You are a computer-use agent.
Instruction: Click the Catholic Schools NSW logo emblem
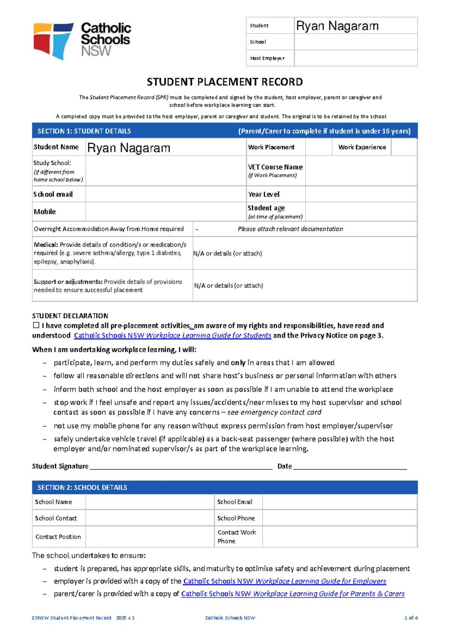(53, 41)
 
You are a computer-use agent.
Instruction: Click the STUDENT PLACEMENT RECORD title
(225, 82)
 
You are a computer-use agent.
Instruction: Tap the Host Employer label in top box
(267, 58)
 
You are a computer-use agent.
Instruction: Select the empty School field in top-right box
(355, 42)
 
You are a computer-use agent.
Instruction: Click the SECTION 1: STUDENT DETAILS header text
(84, 131)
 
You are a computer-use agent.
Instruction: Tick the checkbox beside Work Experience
(404, 147)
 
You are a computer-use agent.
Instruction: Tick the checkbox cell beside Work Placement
(318, 147)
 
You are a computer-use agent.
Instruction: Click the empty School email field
(165, 194)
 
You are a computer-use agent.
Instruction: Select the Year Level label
(264, 194)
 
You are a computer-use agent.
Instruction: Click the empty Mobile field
(165, 211)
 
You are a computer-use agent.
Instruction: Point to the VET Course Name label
(275, 167)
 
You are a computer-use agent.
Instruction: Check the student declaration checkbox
(36, 325)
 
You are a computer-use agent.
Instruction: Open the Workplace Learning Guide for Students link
(172, 335)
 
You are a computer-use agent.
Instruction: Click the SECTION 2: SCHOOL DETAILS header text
(82, 488)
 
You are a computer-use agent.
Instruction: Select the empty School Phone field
(339, 518)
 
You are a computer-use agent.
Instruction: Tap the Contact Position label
(58, 537)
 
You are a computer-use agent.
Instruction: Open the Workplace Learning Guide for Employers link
(284, 581)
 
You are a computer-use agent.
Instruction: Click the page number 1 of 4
(411, 618)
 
